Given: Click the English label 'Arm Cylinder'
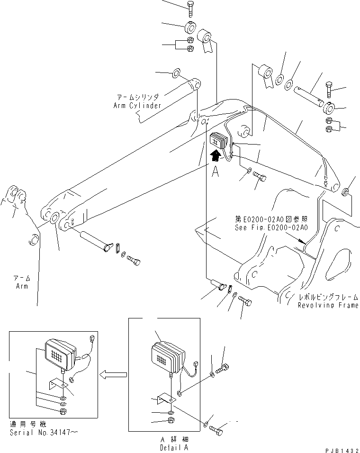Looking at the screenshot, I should (x=137, y=106).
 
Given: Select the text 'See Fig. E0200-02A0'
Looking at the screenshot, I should (x=271, y=227).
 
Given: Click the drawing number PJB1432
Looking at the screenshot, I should (x=340, y=448).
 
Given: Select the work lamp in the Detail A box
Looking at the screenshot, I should (x=166, y=358).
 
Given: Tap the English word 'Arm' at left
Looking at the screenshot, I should (x=21, y=286).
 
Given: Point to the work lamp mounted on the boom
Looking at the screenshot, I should (x=219, y=141).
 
